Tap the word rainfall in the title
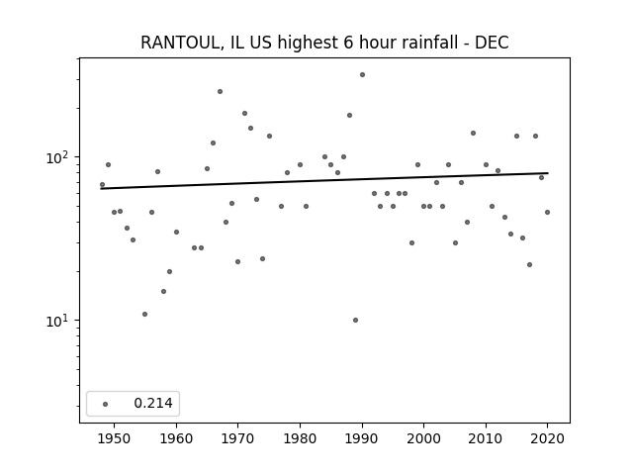point(429,43)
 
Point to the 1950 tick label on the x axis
point(115,438)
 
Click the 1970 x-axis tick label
point(237,438)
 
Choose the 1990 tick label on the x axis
point(362,438)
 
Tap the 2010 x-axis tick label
point(486,438)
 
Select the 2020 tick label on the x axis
point(547,438)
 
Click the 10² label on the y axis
point(58,157)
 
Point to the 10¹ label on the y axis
point(58,321)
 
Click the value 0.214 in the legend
point(153,403)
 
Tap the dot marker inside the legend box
point(106,404)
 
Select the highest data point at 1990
point(363,75)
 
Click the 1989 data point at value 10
point(356,321)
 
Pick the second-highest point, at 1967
point(220,92)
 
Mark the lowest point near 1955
point(145,315)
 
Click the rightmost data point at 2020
point(547,213)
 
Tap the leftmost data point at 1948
point(102,185)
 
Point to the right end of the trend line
point(548,173)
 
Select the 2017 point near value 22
point(530,265)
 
